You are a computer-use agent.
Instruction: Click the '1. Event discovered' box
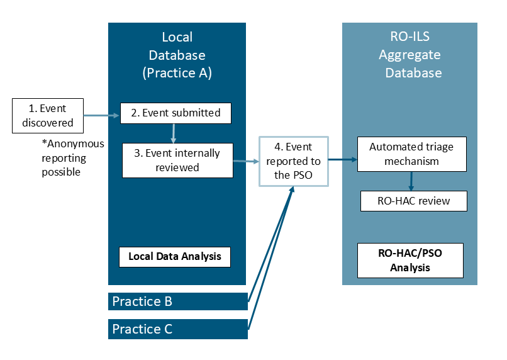(x=48, y=115)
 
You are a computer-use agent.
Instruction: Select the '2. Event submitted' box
(x=175, y=113)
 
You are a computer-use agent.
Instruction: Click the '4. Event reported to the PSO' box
(x=294, y=161)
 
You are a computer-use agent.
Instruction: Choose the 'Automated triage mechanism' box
(x=411, y=154)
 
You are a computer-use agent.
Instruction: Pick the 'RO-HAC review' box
(x=414, y=201)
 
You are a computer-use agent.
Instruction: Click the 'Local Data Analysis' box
(x=174, y=257)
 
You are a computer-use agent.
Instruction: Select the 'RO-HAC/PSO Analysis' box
(x=409, y=260)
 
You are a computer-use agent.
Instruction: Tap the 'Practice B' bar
(x=177, y=301)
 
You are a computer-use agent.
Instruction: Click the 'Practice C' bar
(x=177, y=329)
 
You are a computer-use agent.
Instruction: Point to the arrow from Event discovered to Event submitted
(x=101, y=116)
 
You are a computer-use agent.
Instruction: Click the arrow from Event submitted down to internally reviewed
(x=173, y=133)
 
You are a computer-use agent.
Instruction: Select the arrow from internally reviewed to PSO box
(x=246, y=161)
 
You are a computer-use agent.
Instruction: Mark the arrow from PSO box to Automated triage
(x=343, y=160)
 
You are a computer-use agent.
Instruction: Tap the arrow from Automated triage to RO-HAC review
(x=411, y=181)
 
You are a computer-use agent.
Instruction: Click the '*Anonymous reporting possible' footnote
(x=72, y=157)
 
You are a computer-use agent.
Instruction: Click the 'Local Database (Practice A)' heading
(x=177, y=55)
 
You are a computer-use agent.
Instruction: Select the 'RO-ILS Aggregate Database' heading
(x=409, y=55)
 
